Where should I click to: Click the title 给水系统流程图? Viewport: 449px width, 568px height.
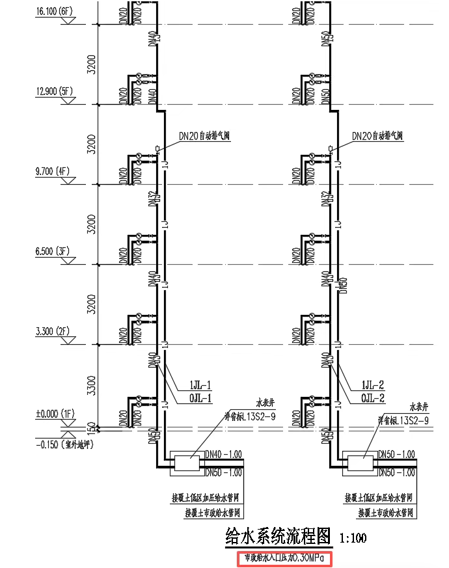tap(279, 537)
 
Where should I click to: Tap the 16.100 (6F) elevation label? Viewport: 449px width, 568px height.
tap(56, 11)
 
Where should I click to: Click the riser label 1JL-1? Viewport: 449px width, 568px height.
tap(200, 385)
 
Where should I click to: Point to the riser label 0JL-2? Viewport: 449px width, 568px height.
tap(373, 398)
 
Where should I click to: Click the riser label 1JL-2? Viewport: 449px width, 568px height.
tap(373, 385)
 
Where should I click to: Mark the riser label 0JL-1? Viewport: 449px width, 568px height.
tap(200, 398)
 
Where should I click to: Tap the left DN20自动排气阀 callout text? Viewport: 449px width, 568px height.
tap(206, 136)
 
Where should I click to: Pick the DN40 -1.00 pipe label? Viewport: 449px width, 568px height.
tap(223, 454)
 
